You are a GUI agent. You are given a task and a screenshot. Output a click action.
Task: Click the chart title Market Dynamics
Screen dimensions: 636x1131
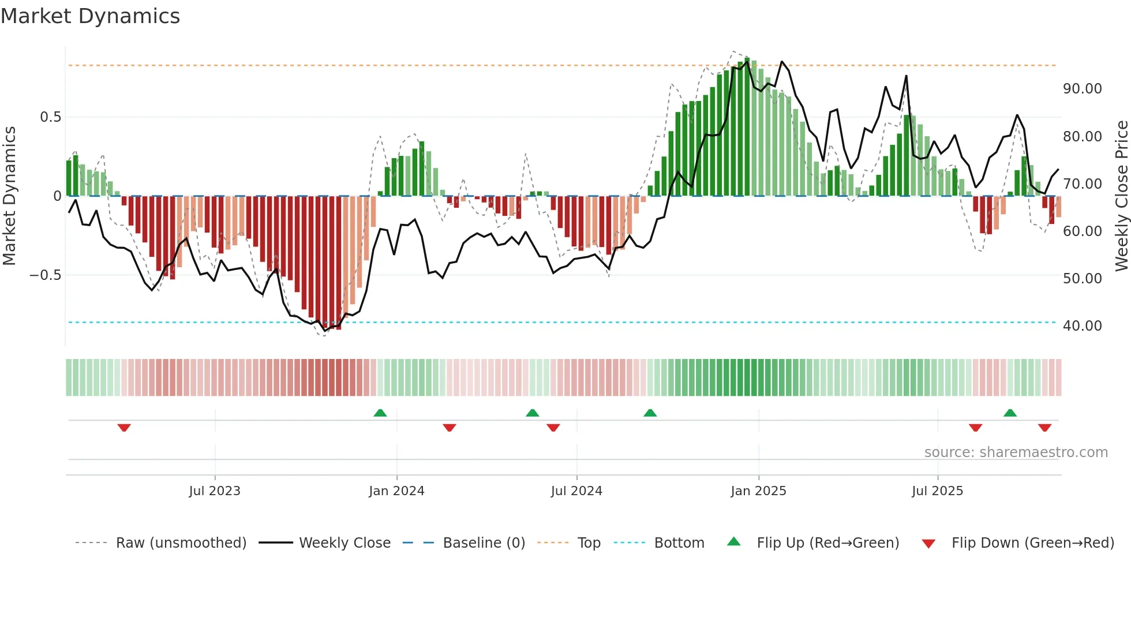pos(90,16)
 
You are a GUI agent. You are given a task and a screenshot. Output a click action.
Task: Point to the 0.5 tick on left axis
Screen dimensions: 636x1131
pos(50,117)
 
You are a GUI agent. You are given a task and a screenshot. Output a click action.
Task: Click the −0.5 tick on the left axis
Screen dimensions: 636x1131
pos(46,275)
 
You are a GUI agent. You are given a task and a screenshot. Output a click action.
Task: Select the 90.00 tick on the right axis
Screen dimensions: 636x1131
pos(1082,89)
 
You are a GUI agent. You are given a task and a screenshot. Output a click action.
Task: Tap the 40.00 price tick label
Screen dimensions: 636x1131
pos(1082,326)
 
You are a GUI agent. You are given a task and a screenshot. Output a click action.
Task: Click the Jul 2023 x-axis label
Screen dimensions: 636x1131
pos(215,491)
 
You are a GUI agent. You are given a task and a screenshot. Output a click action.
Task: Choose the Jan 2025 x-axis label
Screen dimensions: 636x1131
pos(758,491)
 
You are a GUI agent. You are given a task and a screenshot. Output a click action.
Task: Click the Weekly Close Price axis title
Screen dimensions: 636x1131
pos(1121,196)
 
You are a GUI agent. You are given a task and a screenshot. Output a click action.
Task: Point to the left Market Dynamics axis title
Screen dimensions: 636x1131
pos(9,196)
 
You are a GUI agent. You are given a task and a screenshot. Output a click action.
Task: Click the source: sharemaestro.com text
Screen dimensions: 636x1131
pos(1016,452)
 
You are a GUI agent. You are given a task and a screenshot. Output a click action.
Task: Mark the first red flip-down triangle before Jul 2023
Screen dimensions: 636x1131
pos(124,428)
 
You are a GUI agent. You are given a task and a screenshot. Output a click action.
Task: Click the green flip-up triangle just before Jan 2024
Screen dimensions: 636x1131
pos(380,413)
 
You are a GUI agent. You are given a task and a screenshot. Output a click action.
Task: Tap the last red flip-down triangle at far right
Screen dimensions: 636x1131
pos(1044,428)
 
